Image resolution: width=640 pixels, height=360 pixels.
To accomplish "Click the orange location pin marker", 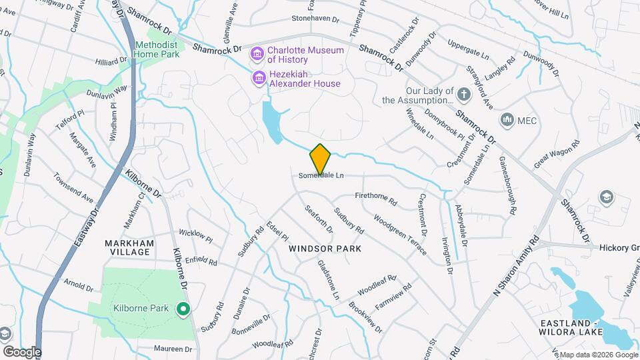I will pyautogui.click(x=320, y=159).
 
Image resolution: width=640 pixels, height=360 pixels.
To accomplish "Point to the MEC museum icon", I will pyautogui.click(x=507, y=120).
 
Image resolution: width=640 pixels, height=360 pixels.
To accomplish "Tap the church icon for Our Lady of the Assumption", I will pyautogui.click(x=464, y=95).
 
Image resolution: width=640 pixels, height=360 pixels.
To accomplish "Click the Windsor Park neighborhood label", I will pyautogui.click(x=325, y=249).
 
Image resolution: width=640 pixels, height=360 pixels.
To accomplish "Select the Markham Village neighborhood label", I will pyautogui.click(x=129, y=248).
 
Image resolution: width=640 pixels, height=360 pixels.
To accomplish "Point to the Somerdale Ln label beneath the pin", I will pyautogui.click(x=321, y=176).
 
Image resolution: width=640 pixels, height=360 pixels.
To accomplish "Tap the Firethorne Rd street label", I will pyautogui.click(x=376, y=199).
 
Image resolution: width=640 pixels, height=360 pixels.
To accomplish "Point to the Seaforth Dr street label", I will pyautogui.click(x=319, y=219).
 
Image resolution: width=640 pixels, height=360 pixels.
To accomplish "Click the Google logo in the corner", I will pyautogui.click(x=21, y=352).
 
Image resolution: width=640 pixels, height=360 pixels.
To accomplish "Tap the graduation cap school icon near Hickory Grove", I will pyautogui.click(x=606, y=197).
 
